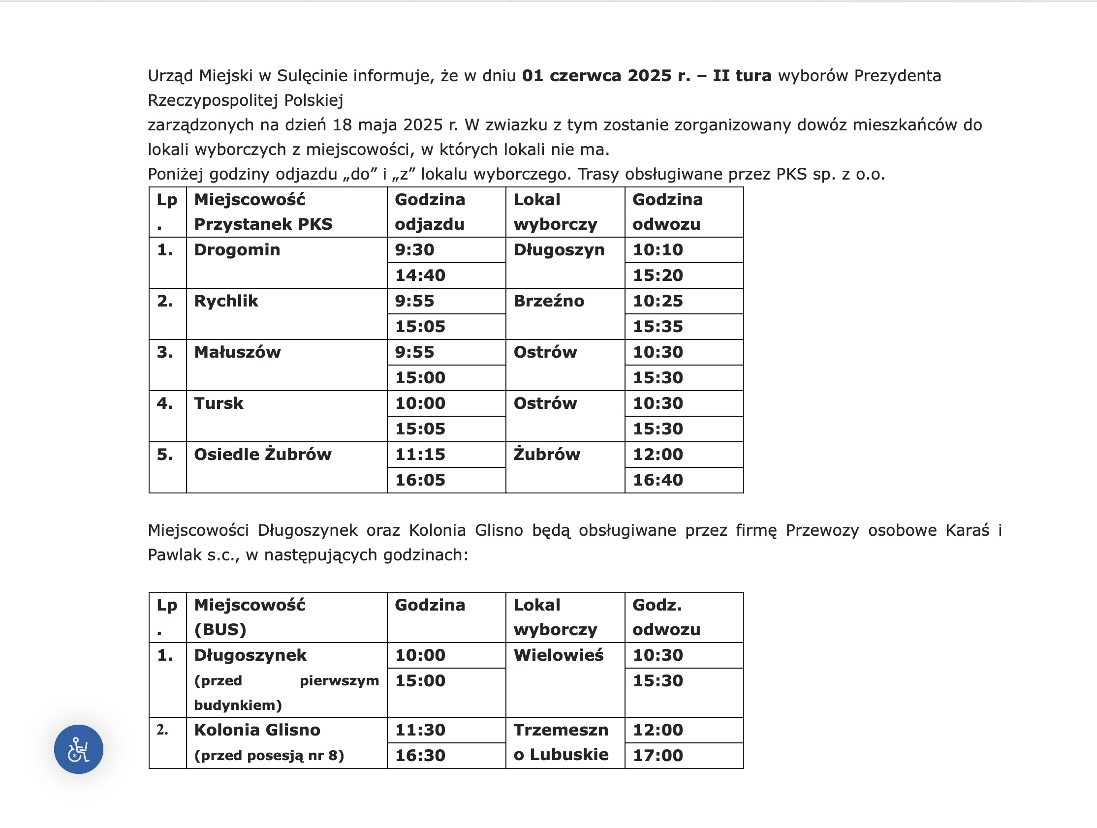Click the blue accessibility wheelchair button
78,749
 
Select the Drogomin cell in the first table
237,250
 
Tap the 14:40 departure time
420,276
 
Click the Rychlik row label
226,301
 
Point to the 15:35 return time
658,327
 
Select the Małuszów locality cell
237,352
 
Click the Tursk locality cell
219,403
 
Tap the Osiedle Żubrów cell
262,454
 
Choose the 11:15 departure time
420,454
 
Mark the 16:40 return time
658,480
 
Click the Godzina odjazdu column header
430,212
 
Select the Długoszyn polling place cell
559,250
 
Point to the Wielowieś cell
559,655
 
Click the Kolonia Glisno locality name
257,730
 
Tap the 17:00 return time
658,756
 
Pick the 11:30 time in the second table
420,730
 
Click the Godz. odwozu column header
666,617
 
